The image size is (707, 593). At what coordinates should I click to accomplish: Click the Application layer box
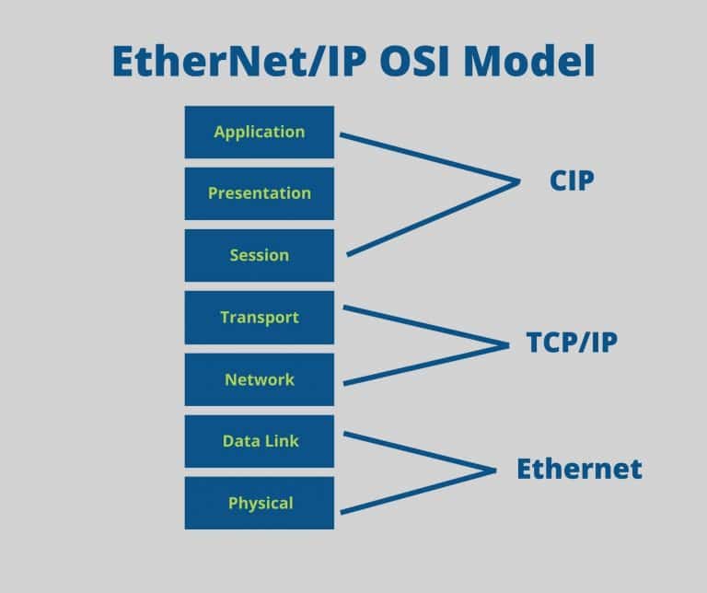click(x=259, y=132)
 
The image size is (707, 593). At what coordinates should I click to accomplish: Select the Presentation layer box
click(x=259, y=193)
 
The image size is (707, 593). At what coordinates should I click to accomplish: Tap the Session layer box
click(x=259, y=255)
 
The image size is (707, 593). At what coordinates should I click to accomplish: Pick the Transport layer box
click(x=259, y=318)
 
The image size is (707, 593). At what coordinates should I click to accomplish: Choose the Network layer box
click(x=259, y=379)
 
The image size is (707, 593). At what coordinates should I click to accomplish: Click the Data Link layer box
click(x=259, y=441)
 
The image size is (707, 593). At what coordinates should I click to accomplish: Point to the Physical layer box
click(x=259, y=503)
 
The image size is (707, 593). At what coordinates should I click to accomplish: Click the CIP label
click(x=571, y=181)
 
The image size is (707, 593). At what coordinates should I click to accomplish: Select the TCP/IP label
click(x=572, y=343)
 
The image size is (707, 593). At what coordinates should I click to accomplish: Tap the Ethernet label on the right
click(x=579, y=469)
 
